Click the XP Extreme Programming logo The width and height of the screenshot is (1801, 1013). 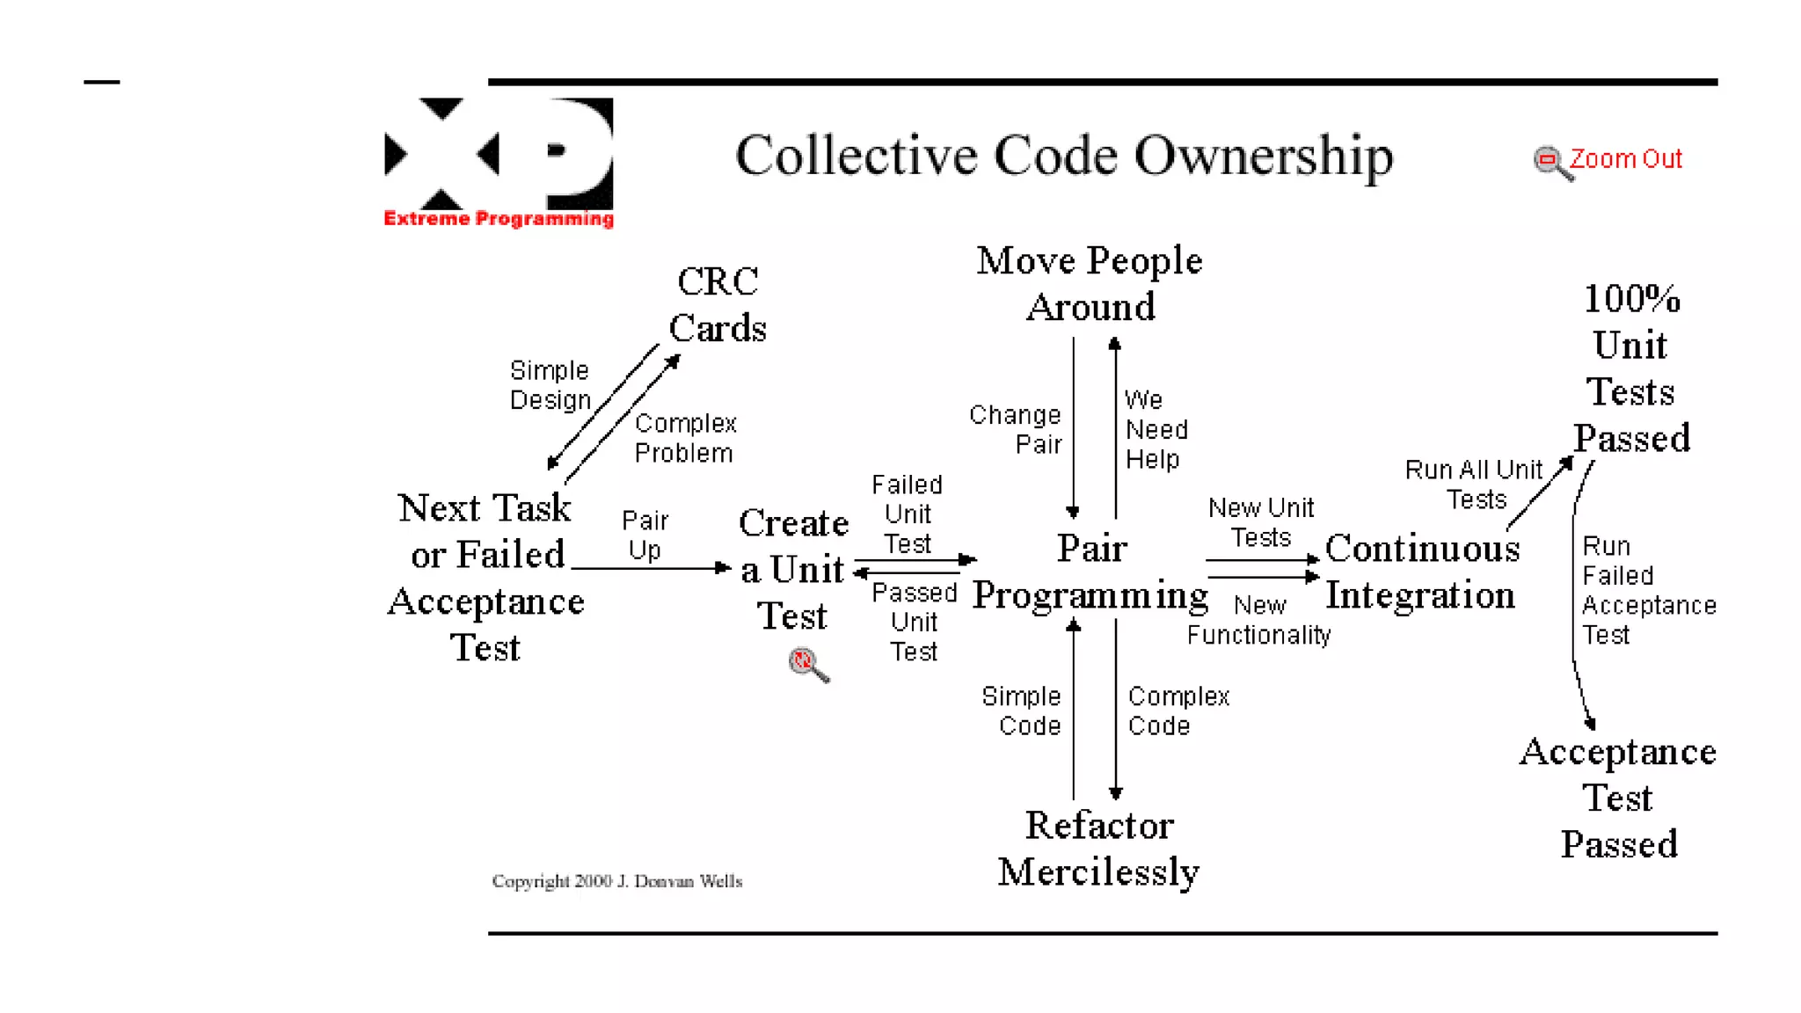click(x=499, y=163)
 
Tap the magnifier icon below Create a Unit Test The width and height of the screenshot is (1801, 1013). click(x=808, y=664)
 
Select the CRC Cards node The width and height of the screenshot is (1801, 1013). click(x=718, y=305)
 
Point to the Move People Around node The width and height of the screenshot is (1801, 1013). click(x=1090, y=283)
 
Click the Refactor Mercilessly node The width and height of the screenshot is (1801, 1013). click(x=1098, y=849)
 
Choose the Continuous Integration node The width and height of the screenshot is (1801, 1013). click(x=1421, y=572)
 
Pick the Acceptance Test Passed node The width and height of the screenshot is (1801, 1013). click(x=1618, y=798)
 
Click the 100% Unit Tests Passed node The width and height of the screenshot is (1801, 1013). click(x=1631, y=368)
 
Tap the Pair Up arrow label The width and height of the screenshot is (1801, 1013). click(x=645, y=535)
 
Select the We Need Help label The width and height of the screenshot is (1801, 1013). click(x=1156, y=430)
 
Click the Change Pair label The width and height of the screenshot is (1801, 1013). click(x=1017, y=429)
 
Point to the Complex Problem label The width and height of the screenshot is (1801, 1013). click(x=685, y=438)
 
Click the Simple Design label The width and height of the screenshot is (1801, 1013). click(x=550, y=385)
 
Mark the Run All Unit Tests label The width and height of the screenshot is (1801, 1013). click(x=1474, y=485)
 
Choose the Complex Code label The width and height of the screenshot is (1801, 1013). click(x=1178, y=711)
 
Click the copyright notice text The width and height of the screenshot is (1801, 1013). click(x=617, y=881)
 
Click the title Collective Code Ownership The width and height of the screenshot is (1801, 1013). click(x=1064, y=156)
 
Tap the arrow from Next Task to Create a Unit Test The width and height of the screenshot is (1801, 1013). click(x=651, y=568)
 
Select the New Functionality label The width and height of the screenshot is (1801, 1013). click(x=1258, y=620)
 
